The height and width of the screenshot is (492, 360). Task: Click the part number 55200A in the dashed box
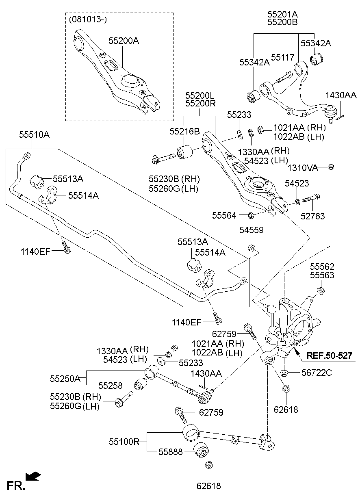point(124,41)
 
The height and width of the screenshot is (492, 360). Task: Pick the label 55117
point(282,58)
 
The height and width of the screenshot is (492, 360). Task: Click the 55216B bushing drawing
point(186,151)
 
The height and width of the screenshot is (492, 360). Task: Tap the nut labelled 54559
point(252,247)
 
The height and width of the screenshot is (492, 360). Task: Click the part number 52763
point(313,217)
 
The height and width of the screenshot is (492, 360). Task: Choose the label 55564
point(224,215)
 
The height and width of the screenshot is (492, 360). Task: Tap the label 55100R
point(124,441)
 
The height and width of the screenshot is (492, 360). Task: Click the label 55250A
point(65,379)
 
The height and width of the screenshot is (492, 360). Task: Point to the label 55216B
point(184,131)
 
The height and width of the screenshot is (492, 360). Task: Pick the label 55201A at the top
point(282,14)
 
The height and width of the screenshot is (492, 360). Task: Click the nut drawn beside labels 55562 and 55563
point(321,290)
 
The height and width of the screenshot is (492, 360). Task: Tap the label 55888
point(171,451)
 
